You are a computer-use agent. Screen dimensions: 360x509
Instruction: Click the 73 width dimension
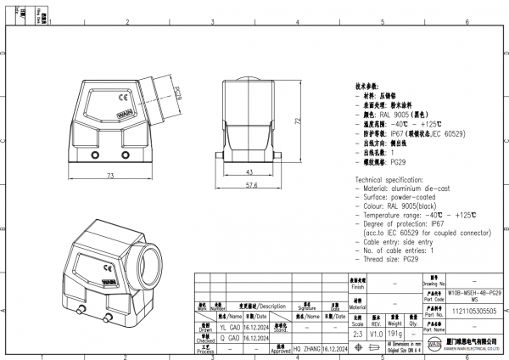[110, 176]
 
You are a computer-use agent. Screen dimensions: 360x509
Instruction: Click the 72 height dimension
[299, 121]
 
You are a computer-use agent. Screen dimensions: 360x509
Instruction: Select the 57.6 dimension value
[251, 184]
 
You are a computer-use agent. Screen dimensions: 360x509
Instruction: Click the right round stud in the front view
[126, 155]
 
